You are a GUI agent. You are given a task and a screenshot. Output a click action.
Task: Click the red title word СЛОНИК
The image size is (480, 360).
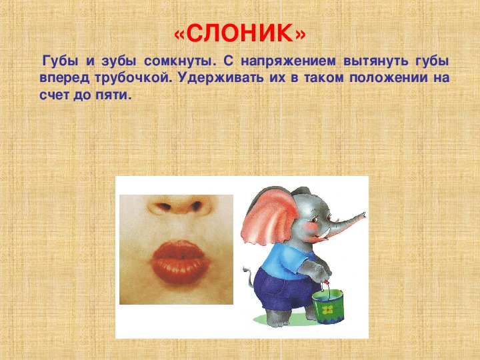[x=240, y=33]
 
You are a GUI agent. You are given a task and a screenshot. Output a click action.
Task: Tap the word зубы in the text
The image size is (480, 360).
[x=119, y=61]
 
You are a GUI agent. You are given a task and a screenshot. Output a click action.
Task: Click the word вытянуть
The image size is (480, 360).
[x=376, y=61]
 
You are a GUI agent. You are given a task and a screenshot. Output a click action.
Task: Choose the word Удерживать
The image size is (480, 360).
[x=221, y=78]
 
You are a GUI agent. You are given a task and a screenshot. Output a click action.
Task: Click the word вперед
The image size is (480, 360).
[x=64, y=79]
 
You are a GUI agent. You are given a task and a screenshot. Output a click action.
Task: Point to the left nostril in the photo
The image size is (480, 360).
[x=163, y=207]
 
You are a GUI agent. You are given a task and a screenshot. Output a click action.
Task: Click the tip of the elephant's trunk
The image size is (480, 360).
[x=363, y=214]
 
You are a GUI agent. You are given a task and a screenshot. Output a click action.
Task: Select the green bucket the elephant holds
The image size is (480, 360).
[x=328, y=306]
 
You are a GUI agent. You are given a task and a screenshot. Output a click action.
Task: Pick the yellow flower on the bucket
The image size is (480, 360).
[x=327, y=310]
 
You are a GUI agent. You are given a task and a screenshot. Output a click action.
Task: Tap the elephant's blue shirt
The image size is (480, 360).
[x=283, y=261]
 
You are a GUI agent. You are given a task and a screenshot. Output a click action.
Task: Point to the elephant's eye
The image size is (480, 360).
[x=313, y=220]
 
